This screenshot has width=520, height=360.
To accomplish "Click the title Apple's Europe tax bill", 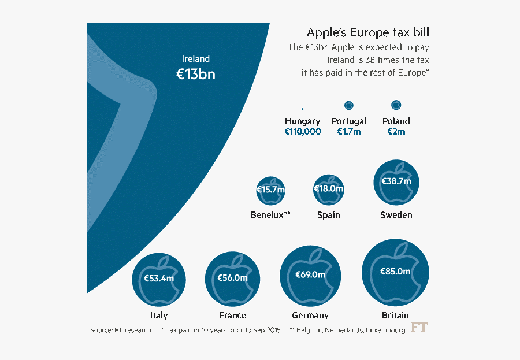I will point(367,32).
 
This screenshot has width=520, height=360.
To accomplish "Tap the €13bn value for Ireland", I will point(195,74).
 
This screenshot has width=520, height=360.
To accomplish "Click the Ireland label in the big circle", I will point(195,59).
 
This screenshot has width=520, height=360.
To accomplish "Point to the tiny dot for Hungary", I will point(302,108).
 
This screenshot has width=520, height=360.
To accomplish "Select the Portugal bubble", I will point(349,105).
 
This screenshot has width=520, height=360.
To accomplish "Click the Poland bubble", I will point(396,105).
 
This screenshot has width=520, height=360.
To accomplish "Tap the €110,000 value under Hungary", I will point(302,132).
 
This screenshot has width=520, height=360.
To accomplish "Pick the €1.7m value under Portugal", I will point(349,132).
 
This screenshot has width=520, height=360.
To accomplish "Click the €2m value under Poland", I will point(396,132).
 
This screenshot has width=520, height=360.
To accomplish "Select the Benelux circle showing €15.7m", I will point(270,190).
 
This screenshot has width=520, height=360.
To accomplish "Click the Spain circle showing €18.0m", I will point(328,190).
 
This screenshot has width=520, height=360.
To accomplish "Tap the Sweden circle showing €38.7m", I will point(396,181).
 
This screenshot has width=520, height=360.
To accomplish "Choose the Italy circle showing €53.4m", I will point(159,279).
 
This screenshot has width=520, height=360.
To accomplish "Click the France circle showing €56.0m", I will point(232,279).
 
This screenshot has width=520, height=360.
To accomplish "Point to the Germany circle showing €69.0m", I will point(310,275).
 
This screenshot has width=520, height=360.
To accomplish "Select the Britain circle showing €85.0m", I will point(395,272).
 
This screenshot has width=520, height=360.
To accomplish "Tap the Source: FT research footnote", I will point(120,330).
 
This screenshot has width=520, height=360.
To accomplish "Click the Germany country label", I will point(310,316).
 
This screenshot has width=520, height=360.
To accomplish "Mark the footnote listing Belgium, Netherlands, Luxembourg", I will point(347,330).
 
